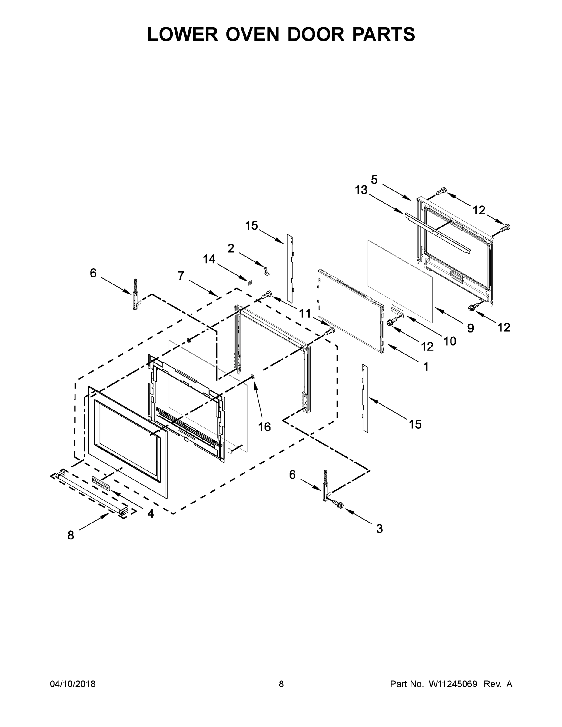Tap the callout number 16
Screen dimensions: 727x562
pyautogui.click(x=264, y=427)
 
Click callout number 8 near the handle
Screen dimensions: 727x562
pyautogui.click(x=71, y=535)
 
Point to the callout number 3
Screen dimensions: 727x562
pyautogui.click(x=379, y=529)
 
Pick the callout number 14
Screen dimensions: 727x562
pyautogui.click(x=209, y=259)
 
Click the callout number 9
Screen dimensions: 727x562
pyautogui.click(x=470, y=328)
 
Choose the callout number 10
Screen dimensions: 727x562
pyautogui.click(x=450, y=341)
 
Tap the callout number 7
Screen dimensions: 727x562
pyautogui.click(x=181, y=276)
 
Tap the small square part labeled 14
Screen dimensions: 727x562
pyautogui.click(x=249, y=283)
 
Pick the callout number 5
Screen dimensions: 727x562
pyautogui.click(x=374, y=180)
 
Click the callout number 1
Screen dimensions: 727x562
pyautogui.click(x=426, y=367)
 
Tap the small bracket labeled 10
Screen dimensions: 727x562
pyautogui.click(x=397, y=309)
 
